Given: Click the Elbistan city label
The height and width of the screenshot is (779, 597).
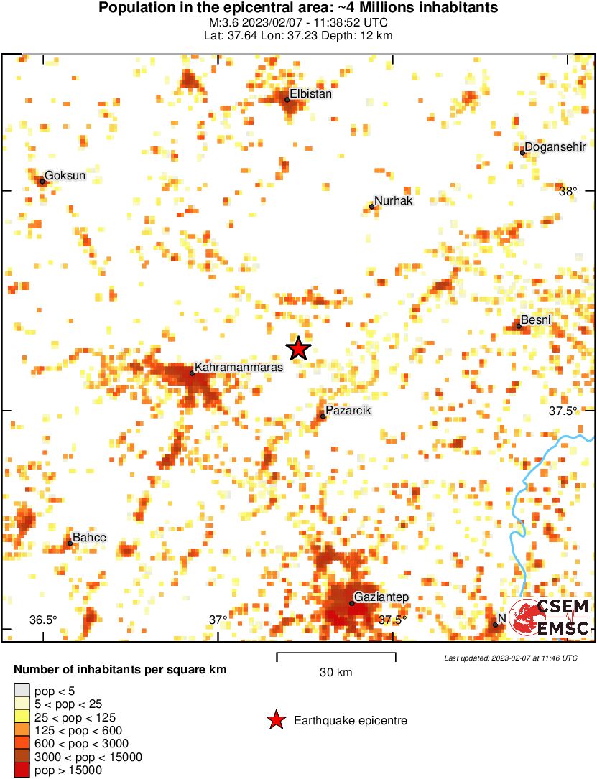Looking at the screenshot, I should (x=311, y=94).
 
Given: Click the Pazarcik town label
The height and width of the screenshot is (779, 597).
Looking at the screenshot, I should (x=349, y=411).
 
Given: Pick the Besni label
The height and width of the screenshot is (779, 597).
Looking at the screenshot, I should (x=536, y=320).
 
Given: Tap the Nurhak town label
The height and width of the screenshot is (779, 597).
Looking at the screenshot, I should (x=394, y=201).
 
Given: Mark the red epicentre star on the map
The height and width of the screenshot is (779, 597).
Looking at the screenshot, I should (x=299, y=349).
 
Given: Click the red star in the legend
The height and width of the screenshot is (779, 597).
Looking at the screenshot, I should (x=275, y=720).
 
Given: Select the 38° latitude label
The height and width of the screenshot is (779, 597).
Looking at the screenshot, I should (x=568, y=191).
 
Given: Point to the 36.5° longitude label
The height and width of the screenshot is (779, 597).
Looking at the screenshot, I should (x=43, y=620).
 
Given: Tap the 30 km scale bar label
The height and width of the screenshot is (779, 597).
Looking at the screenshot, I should (x=336, y=672).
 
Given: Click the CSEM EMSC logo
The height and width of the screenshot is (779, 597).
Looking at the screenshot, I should (x=550, y=617).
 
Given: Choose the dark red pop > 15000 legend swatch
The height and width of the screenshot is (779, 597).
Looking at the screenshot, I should (x=22, y=770).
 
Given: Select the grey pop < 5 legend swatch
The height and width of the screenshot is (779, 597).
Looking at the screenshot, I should (x=22, y=690).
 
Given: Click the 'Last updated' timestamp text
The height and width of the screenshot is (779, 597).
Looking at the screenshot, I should (x=510, y=658).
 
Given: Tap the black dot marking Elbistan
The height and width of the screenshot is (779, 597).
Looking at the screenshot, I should (x=287, y=99).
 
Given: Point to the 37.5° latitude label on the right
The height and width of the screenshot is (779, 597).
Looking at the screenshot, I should (x=563, y=411).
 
